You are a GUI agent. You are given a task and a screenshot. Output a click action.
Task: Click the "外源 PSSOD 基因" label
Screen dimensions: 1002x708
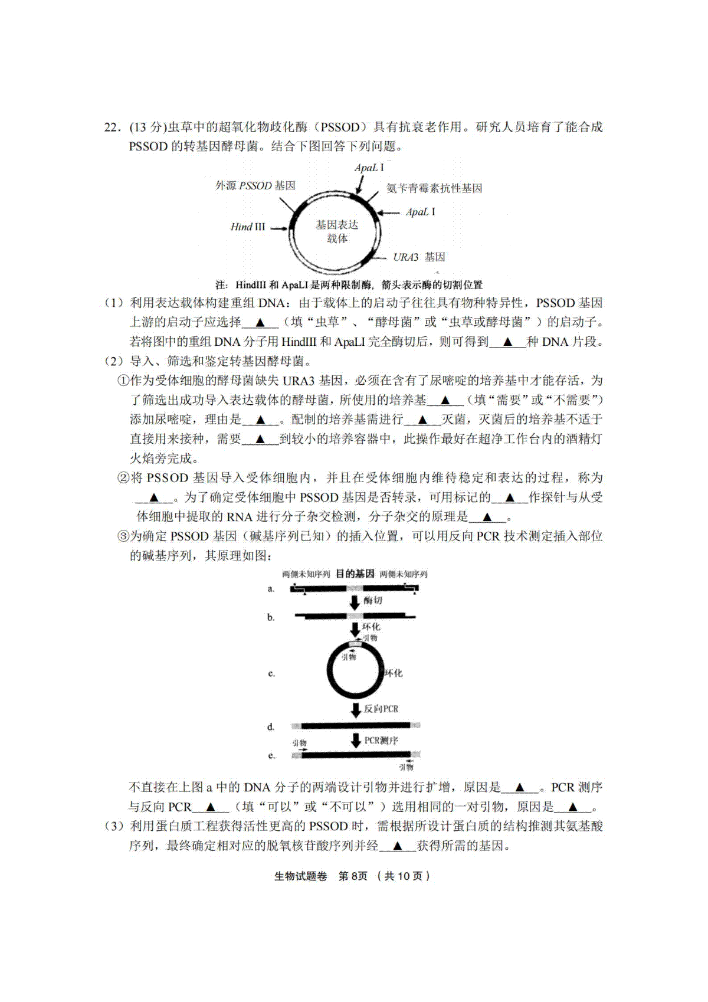pyautogui.click(x=255, y=186)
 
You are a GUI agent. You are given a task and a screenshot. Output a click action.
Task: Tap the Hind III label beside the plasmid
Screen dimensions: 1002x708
pyautogui.click(x=248, y=227)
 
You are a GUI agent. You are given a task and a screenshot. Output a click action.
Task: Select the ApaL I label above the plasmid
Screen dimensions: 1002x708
pyautogui.click(x=369, y=168)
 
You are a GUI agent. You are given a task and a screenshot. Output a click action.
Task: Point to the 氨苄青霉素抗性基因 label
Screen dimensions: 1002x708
pyautogui.click(x=434, y=188)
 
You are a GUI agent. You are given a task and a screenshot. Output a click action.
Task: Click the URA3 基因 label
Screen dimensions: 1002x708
pyautogui.click(x=419, y=257)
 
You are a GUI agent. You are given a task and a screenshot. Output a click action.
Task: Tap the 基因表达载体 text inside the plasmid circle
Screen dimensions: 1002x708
pyautogui.click(x=337, y=232)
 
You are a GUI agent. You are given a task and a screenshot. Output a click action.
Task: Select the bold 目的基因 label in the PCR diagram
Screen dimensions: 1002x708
pyautogui.click(x=355, y=574)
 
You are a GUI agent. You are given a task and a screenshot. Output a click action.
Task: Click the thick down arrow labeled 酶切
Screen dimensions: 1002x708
pyautogui.click(x=355, y=602)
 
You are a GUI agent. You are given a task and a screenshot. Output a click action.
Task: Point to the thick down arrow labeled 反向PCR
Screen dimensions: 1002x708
pyautogui.click(x=355, y=709)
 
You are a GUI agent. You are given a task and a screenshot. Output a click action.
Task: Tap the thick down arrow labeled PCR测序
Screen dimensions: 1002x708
pyautogui.click(x=355, y=741)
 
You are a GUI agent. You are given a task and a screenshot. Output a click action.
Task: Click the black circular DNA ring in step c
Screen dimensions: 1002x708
pyautogui.click(x=328, y=673)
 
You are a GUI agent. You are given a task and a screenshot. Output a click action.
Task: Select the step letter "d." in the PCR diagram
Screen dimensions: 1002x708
pyautogui.click(x=271, y=727)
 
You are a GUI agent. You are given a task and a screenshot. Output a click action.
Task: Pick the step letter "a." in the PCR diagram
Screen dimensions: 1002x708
pyautogui.click(x=271, y=589)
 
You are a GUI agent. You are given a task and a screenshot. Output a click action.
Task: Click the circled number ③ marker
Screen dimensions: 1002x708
pyautogui.click(x=123, y=536)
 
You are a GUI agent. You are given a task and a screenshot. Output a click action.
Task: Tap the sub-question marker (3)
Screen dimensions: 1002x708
pyautogui.click(x=114, y=826)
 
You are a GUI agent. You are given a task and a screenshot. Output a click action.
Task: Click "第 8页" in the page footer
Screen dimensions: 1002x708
pyautogui.click(x=352, y=876)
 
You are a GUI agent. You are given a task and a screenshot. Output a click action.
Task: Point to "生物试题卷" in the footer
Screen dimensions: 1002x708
pyautogui.click(x=300, y=876)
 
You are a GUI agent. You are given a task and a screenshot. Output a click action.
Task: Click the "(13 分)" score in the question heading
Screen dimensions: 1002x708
pyautogui.click(x=147, y=127)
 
